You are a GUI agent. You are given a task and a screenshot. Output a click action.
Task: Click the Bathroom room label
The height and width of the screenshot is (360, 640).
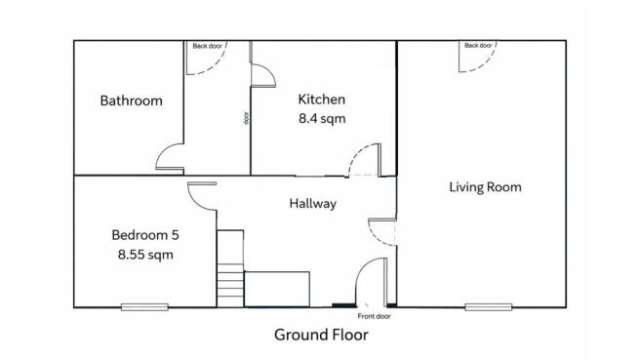click(131, 100)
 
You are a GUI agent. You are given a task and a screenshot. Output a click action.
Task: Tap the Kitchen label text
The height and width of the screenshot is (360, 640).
click(322, 100)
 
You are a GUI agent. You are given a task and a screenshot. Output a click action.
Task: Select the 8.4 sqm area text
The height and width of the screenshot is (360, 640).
click(322, 118)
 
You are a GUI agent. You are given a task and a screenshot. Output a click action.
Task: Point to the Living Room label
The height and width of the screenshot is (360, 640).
click(485, 186)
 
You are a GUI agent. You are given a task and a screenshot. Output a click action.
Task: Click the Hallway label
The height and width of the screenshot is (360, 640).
click(312, 204)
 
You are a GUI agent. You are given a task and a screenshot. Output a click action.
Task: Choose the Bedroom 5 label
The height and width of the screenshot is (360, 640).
click(144, 234)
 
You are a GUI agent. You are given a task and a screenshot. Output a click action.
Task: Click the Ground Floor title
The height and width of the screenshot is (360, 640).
click(320, 335)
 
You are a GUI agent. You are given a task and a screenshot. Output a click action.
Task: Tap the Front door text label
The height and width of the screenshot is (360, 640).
click(374, 316)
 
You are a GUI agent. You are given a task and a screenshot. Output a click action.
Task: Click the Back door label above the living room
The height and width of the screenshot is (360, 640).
click(478, 45)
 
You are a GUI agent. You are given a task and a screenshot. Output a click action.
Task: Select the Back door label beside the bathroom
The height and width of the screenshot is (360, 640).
click(207, 45)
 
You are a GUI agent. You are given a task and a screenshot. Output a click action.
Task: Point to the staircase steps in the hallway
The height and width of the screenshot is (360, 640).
click(229, 268)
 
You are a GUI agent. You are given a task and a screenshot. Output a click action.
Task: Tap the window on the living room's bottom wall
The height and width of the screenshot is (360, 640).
click(488, 307)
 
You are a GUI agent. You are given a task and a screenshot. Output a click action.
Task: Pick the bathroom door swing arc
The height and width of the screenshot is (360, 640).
click(168, 159)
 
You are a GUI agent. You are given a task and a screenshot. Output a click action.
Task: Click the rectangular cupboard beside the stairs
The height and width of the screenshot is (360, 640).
click(276, 289)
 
